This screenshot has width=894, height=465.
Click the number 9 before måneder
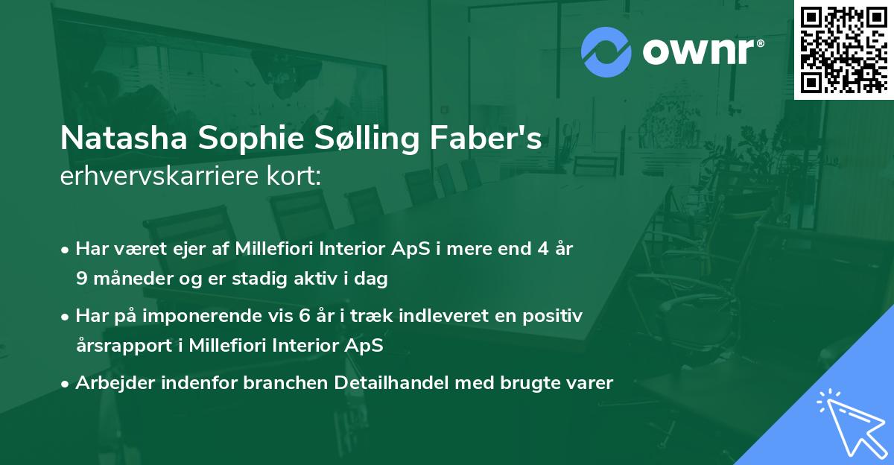point(81,279)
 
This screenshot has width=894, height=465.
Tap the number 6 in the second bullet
point(304,316)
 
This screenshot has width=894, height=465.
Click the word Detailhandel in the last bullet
point(386,383)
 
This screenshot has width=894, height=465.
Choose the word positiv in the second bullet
point(554,316)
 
